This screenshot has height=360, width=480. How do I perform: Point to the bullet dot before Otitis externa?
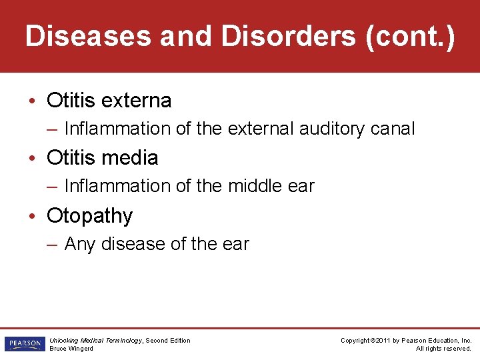(x=33, y=101)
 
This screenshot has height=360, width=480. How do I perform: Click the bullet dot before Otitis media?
(x=33, y=159)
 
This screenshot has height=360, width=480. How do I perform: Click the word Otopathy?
(x=90, y=216)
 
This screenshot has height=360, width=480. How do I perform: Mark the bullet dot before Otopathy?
(x=33, y=216)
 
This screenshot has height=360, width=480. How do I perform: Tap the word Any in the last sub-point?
(x=80, y=244)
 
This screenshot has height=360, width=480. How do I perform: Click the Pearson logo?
(x=23, y=344)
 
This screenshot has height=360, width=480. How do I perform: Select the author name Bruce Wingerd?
(x=71, y=348)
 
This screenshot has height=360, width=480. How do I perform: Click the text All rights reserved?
(x=443, y=348)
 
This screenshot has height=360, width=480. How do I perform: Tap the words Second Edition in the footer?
(x=168, y=341)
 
